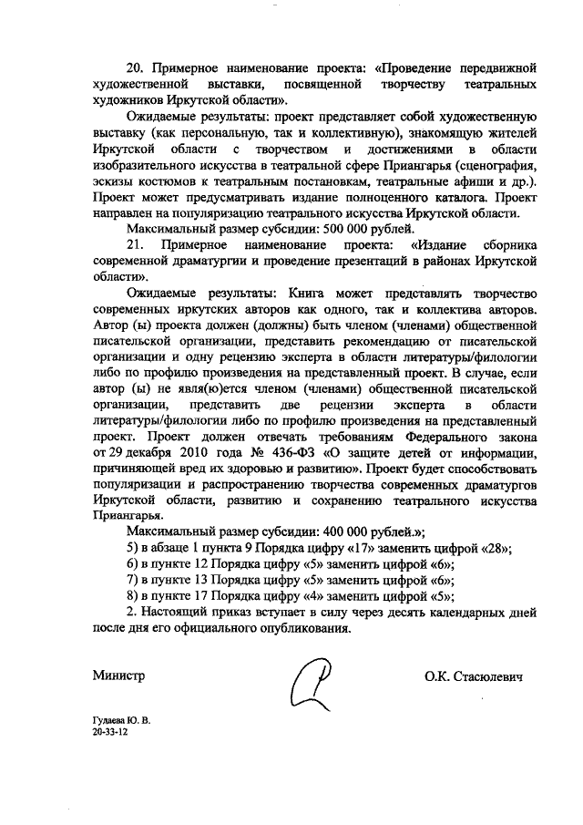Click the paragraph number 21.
coord(136,245)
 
